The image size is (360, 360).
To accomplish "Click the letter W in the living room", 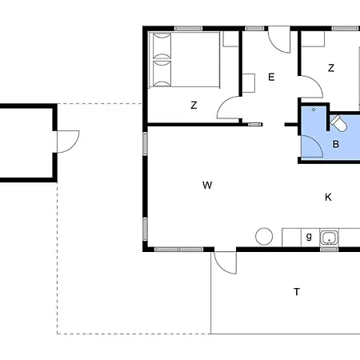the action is tap(207, 185).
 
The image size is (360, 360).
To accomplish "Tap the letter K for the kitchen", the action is tap(328, 198).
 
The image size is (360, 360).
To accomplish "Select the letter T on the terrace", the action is tap(297, 291).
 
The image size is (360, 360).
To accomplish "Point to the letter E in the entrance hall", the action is tap(271, 77).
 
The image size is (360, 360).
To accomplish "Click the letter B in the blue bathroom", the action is tap(336, 144).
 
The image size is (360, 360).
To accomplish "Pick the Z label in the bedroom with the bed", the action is tap(194, 105).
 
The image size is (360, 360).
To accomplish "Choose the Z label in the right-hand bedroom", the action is tap(331, 68).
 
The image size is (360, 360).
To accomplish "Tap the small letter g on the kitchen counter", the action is tap(309, 236).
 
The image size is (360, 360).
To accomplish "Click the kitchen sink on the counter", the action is tap(330, 238).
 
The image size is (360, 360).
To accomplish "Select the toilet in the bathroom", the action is tap(338, 123).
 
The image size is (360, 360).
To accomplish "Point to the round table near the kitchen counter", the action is tap(264, 236).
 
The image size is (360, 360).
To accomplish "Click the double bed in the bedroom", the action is tap(184, 60).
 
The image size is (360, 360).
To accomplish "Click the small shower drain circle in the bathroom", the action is tap(314, 110).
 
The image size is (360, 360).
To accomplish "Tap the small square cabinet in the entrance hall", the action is tap(249, 83).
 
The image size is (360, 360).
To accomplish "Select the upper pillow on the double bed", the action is tap(162, 46).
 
